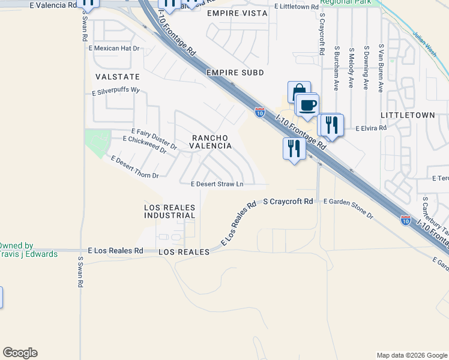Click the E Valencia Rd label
click(x=53, y=5)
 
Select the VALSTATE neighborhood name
click(x=117, y=77)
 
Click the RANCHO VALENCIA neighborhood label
click(x=211, y=142)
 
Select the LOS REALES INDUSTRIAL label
click(x=170, y=211)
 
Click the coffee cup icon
click(x=307, y=106)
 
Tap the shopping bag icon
click(x=298, y=92)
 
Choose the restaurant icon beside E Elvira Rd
click(x=331, y=125)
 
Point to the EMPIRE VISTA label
click(x=232, y=13)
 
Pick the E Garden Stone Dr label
click(x=348, y=210)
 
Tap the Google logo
click(x=20, y=353)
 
